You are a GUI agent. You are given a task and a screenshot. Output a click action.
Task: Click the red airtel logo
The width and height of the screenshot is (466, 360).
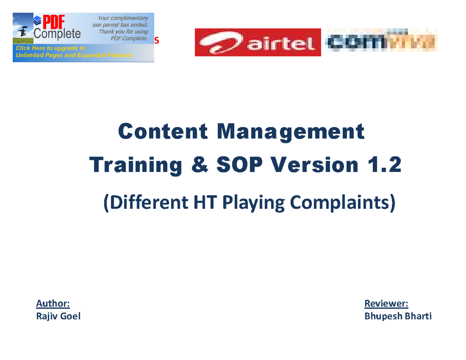click(x=257, y=42)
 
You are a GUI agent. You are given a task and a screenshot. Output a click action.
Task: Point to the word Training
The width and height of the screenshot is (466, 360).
click(x=136, y=166)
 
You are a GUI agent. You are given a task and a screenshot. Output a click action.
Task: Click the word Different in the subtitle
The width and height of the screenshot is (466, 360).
click(x=147, y=203)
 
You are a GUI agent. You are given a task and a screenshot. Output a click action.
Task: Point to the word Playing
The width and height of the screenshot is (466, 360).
click(x=254, y=203)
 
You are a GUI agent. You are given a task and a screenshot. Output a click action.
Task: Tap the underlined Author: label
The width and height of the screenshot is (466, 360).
click(x=53, y=303)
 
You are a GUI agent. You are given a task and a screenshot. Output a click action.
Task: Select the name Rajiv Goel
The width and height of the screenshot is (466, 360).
click(x=58, y=317)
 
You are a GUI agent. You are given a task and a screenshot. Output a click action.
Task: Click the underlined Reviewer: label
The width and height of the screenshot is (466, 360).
click(x=386, y=303)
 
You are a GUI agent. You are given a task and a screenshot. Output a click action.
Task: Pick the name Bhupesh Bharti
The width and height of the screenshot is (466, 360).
click(x=398, y=317)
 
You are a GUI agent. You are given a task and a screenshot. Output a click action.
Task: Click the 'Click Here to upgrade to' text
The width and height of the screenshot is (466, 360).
click(x=50, y=49)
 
